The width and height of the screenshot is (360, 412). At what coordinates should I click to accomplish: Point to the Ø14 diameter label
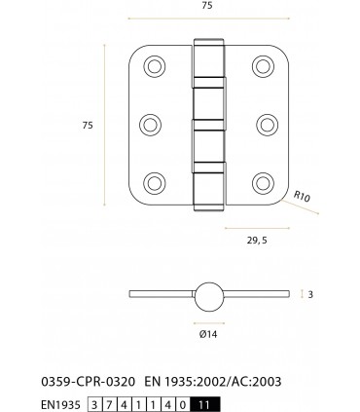[206, 333]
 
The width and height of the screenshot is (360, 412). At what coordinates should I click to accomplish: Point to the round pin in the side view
[207, 294]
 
